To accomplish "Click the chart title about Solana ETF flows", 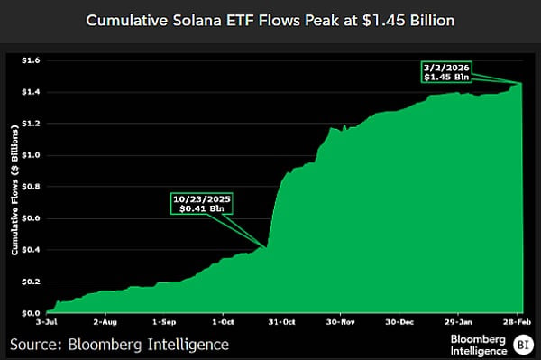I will pyautogui.click(x=270, y=19).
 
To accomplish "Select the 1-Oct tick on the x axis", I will pyautogui.click(x=223, y=321).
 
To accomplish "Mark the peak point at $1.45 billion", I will pyautogui.click(x=522, y=83).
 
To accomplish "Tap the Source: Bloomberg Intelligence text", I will pyautogui.click(x=119, y=344).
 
